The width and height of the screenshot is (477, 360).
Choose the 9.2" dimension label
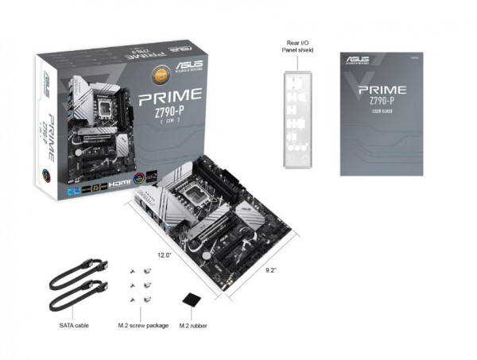[x=272, y=270]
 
